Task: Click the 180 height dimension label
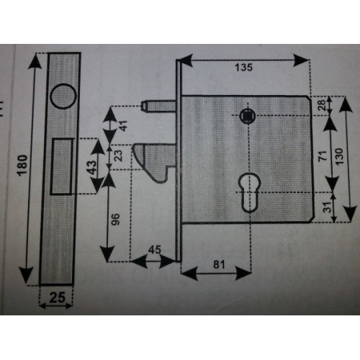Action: pyautogui.click(x=22, y=166)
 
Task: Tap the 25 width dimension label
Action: pyautogui.click(x=57, y=297)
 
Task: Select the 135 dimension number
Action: pyautogui.click(x=243, y=67)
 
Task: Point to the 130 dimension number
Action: pyautogui.click(x=339, y=156)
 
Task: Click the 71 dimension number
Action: pyautogui.click(x=323, y=156)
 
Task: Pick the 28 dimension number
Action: pyautogui.click(x=322, y=105)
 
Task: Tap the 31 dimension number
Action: pyautogui.click(x=327, y=207)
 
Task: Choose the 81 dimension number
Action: pyautogui.click(x=219, y=264)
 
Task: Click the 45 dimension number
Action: pyautogui.click(x=154, y=250)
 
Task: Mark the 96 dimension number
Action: pyautogui.click(x=115, y=219)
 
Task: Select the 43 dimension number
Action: pyautogui.click(x=91, y=167)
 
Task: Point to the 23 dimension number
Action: pyautogui.click(x=118, y=156)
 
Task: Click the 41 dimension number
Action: pyautogui.click(x=123, y=126)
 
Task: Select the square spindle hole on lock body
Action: pyautogui.click(x=247, y=116)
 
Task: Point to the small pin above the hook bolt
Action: pyautogui.click(x=158, y=106)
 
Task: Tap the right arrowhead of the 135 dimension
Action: pyautogui.click(x=302, y=60)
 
